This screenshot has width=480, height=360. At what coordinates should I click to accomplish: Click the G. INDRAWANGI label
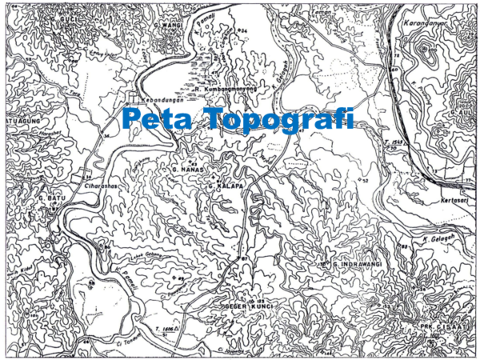click(x=358, y=263)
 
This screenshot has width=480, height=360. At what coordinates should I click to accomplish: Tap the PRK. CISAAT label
click(x=439, y=327)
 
